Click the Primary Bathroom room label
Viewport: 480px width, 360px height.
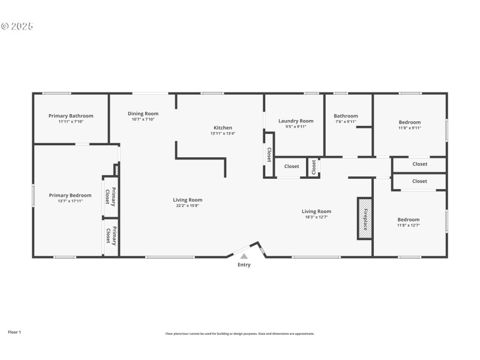(71, 116)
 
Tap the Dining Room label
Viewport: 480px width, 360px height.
(143, 113)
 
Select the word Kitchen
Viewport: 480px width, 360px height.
(223, 127)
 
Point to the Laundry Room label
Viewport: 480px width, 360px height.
(296, 121)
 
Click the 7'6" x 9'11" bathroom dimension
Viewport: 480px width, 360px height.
(346, 122)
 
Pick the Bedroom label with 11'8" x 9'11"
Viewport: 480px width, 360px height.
(410, 122)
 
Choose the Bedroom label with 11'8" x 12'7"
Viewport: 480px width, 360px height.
(408, 220)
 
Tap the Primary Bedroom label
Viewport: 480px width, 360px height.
(70, 195)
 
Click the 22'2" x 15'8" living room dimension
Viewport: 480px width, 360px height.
(188, 206)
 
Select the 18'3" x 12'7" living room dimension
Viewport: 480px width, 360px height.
(316, 217)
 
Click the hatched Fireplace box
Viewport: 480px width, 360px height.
(364, 218)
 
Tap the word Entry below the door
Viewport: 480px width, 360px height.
(244, 265)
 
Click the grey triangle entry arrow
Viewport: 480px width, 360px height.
(244, 256)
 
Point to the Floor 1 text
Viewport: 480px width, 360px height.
(14, 332)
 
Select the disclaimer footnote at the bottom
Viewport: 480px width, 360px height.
(239, 334)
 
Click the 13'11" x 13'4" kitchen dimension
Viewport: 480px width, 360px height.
(223, 133)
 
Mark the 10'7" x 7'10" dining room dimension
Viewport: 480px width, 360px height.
(143, 119)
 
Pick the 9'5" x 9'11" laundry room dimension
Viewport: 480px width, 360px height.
(296, 127)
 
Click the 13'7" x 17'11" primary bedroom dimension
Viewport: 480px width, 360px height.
(70, 201)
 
